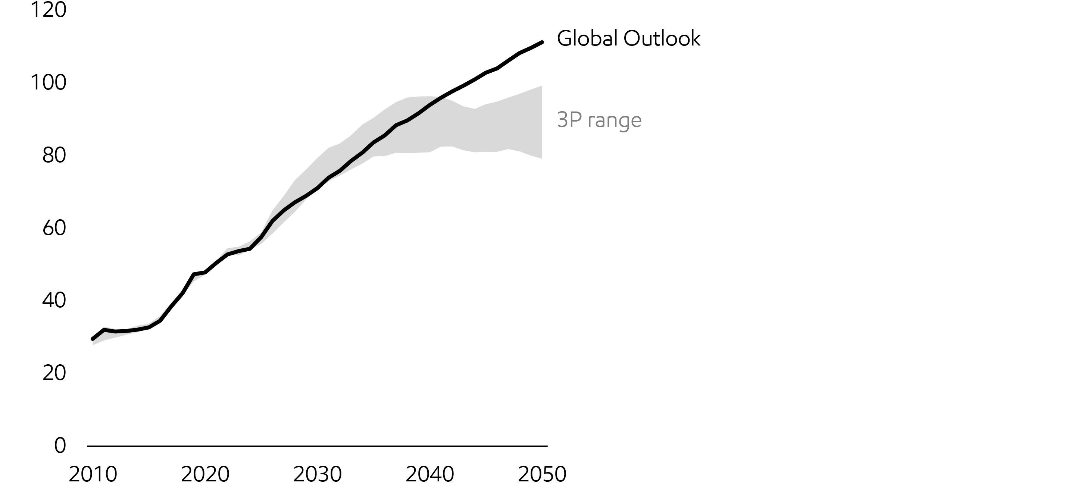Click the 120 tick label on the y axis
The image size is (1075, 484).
click(x=49, y=10)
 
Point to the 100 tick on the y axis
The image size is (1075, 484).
click(x=49, y=82)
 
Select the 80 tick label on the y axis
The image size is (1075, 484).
click(x=54, y=155)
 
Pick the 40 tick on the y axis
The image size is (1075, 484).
click(x=54, y=300)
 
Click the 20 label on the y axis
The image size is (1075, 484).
click(x=54, y=373)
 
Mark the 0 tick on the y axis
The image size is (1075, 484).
click(x=60, y=445)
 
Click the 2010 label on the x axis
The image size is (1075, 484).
click(x=93, y=474)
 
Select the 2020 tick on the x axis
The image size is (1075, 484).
click(x=205, y=474)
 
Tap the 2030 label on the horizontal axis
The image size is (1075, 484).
click(x=318, y=474)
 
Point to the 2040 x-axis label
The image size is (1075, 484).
click(x=430, y=474)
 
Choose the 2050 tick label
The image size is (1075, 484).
click(x=542, y=474)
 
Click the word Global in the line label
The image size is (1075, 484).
click(x=587, y=38)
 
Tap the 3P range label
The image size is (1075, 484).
click(x=599, y=120)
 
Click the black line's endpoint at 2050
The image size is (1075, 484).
click(x=542, y=42)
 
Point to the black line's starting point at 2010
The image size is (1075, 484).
click(x=93, y=339)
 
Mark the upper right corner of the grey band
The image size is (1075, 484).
click(x=541, y=86)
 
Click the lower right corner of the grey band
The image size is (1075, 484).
click(x=541, y=158)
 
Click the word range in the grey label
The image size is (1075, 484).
click(x=614, y=121)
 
